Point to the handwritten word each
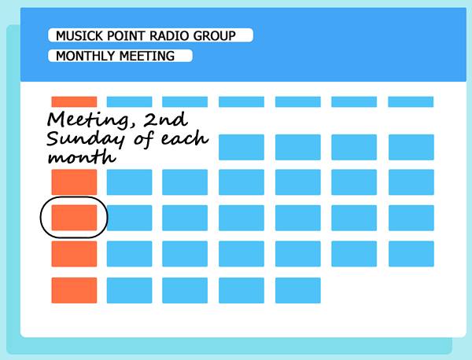click(x=186, y=140)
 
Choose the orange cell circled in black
click(x=74, y=218)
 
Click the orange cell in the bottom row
click(x=74, y=290)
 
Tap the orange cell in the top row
click(x=74, y=101)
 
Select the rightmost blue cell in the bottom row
click(x=297, y=290)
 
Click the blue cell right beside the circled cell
click(x=129, y=218)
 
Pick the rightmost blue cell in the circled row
click(x=411, y=218)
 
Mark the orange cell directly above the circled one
click(x=74, y=182)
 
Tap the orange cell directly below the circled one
click(x=74, y=254)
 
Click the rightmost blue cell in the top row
click(x=411, y=101)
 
